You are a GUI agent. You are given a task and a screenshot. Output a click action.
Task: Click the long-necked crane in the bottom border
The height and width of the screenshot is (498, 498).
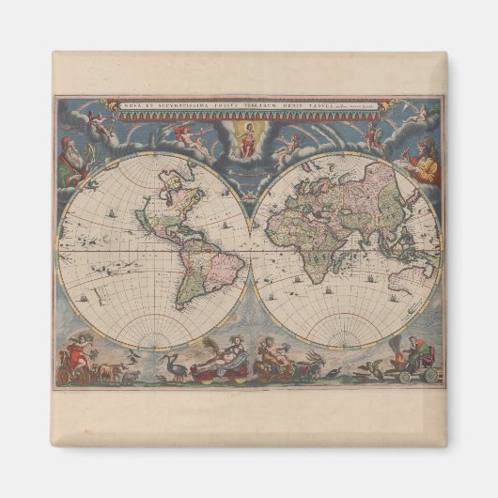172,366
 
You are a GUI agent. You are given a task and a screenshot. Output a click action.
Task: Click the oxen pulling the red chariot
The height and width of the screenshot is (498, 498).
111,373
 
